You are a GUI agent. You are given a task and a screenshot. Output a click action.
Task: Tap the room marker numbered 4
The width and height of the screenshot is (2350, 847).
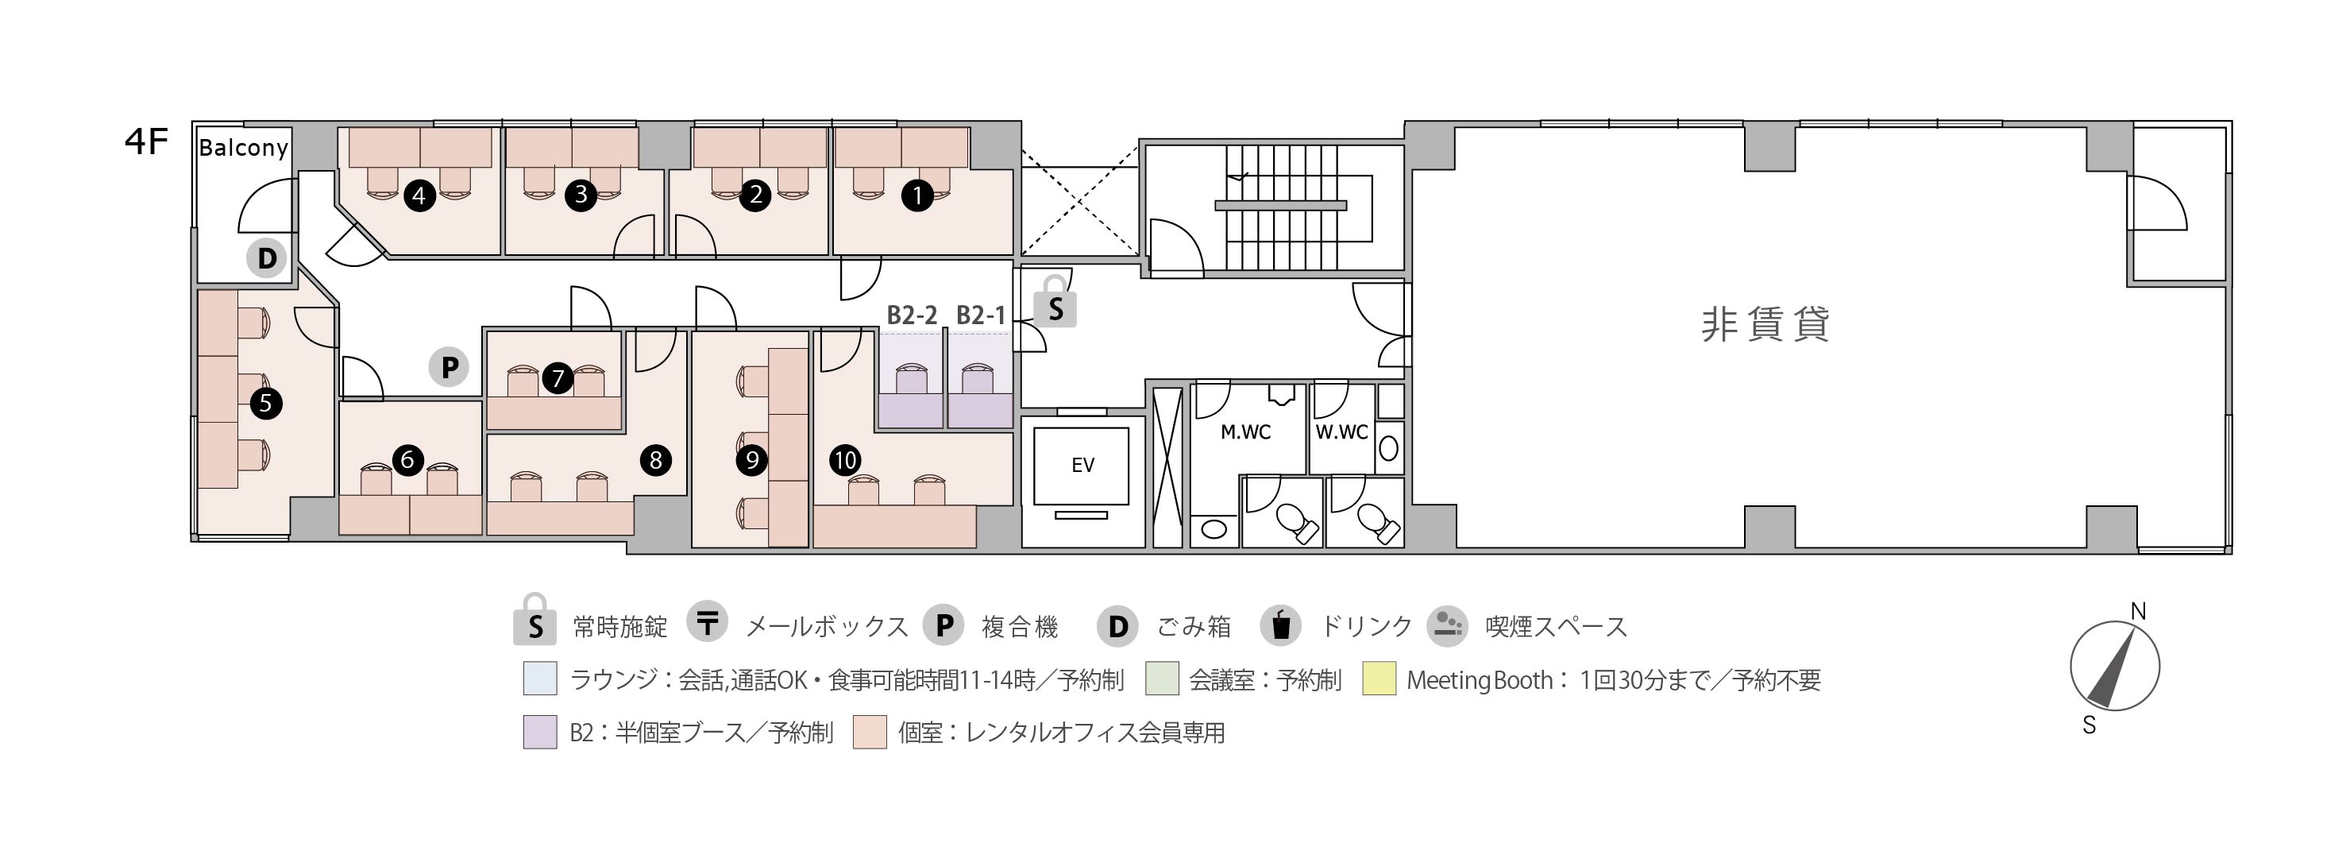tap(419, 195)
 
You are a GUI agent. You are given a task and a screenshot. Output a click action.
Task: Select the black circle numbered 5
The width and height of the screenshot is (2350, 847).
tap(265, 403)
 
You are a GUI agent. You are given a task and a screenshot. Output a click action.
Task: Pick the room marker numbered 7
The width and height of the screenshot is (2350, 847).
tap(558, 377)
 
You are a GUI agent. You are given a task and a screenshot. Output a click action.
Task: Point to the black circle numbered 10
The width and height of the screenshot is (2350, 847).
tap(845, 459)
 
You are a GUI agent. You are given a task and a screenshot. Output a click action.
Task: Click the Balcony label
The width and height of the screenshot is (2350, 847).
tap(244, 147)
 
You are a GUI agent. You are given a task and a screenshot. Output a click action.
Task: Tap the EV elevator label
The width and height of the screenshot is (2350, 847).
tap(1082, 466)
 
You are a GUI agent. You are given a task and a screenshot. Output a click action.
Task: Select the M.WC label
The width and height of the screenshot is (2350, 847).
tap(1245, 431)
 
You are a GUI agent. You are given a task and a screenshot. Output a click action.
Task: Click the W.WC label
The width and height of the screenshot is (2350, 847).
tap(1341, 431)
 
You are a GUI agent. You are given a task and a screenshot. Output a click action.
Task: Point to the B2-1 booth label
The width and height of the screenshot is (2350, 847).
tap(981, 315)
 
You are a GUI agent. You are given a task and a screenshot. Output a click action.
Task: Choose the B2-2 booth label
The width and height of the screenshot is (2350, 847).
tap(913, 315)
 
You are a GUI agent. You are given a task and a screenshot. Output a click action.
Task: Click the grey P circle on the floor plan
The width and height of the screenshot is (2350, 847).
tap(449, 367)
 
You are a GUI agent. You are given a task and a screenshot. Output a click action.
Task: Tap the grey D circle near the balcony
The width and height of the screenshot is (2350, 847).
tap(266, 258)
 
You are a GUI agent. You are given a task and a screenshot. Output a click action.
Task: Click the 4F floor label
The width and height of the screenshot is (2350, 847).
tap(146, 142)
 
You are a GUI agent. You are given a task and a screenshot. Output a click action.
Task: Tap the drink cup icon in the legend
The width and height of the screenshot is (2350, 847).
tap(1281, 625)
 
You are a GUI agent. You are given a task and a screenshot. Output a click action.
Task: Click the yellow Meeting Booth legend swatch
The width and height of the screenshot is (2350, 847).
tap(1379, 679)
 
